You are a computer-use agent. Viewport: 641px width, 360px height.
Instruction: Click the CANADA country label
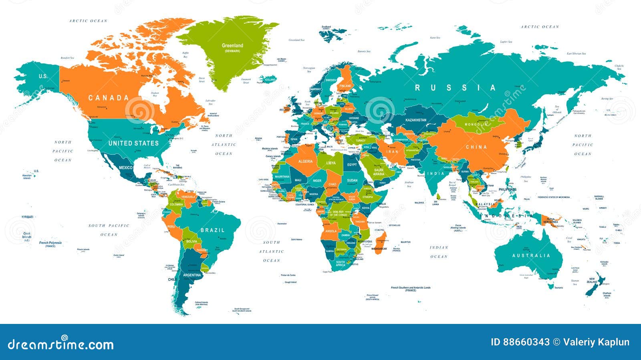coord(109,97)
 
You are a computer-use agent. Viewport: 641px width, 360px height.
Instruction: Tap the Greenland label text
coord(232,46)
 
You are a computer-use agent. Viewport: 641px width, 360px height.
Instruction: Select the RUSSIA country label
coord(456,87)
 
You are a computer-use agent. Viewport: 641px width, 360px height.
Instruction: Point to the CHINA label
coord(476,147)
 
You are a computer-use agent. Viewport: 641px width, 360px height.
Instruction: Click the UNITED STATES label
coord(133,143)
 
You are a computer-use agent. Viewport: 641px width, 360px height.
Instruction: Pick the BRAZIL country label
coord(212,230)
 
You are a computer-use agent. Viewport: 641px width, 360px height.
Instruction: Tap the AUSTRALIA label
coord(531,255)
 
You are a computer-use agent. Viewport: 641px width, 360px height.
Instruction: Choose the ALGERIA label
coord(305,161)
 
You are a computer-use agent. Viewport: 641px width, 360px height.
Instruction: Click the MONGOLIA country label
coord(476,124)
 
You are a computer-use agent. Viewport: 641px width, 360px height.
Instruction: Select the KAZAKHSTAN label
coord(416,120)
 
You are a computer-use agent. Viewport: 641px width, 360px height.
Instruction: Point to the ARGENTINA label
coord(192,275)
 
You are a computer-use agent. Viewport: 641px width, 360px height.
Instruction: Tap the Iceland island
coord(268,79)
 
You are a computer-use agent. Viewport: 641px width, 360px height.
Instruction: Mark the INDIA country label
coord(436,174)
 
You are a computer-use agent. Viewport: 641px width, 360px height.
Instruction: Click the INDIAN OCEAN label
coord(439,252)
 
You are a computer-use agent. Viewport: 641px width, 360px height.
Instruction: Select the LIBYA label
coord(331,163)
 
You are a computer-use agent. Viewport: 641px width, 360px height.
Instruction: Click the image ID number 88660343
coord(520,342)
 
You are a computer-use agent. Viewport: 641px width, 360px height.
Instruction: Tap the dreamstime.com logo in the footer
coord(61,344)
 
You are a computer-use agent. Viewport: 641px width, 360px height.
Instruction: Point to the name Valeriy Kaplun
coord(596,342)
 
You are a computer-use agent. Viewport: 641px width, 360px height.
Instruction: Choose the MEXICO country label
coord(125,168)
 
